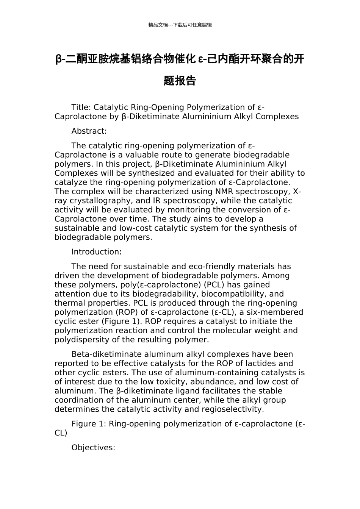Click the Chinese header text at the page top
pos(180,25)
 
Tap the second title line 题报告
pos(180,81)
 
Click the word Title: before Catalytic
pos(81,108)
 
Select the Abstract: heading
pos(89,131)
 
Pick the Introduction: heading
pos(96,252)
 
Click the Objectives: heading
pos(93,448)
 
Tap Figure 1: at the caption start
pos(89,424)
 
